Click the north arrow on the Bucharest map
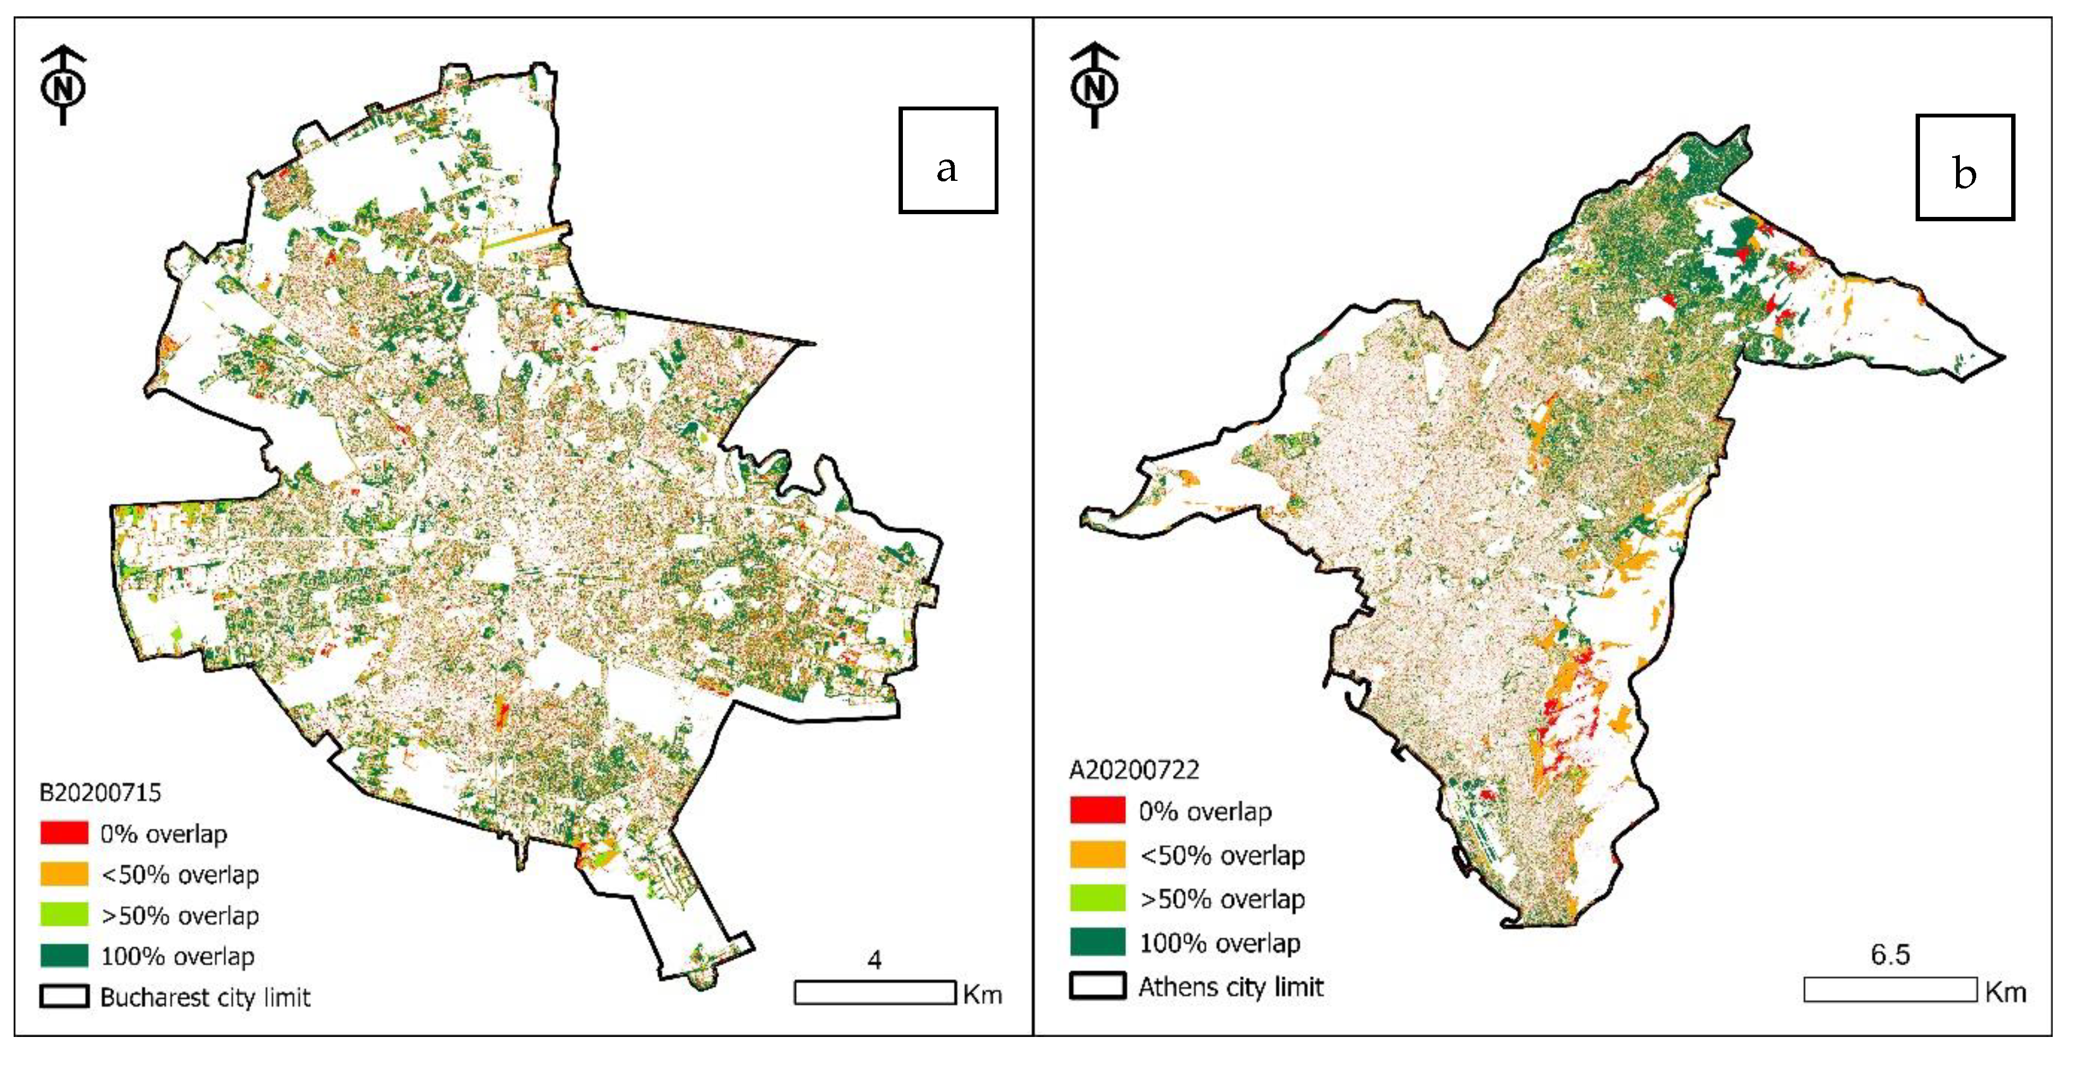click(63, 85)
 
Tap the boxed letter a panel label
click(948, 160)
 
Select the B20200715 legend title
click(101, 792)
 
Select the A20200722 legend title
click(1133, 770)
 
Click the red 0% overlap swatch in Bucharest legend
click(64, 833)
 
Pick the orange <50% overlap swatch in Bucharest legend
click(64, 874)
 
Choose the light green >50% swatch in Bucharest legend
click(64, 915)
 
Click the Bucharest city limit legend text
click(205, 997)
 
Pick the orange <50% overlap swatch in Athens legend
click(1097, 854)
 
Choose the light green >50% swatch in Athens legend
click(1097, 898)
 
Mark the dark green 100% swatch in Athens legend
click(1097, 941)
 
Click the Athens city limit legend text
click(1230, 987)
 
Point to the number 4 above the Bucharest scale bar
click(874, 960)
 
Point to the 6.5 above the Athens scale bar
click(1889, 954)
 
